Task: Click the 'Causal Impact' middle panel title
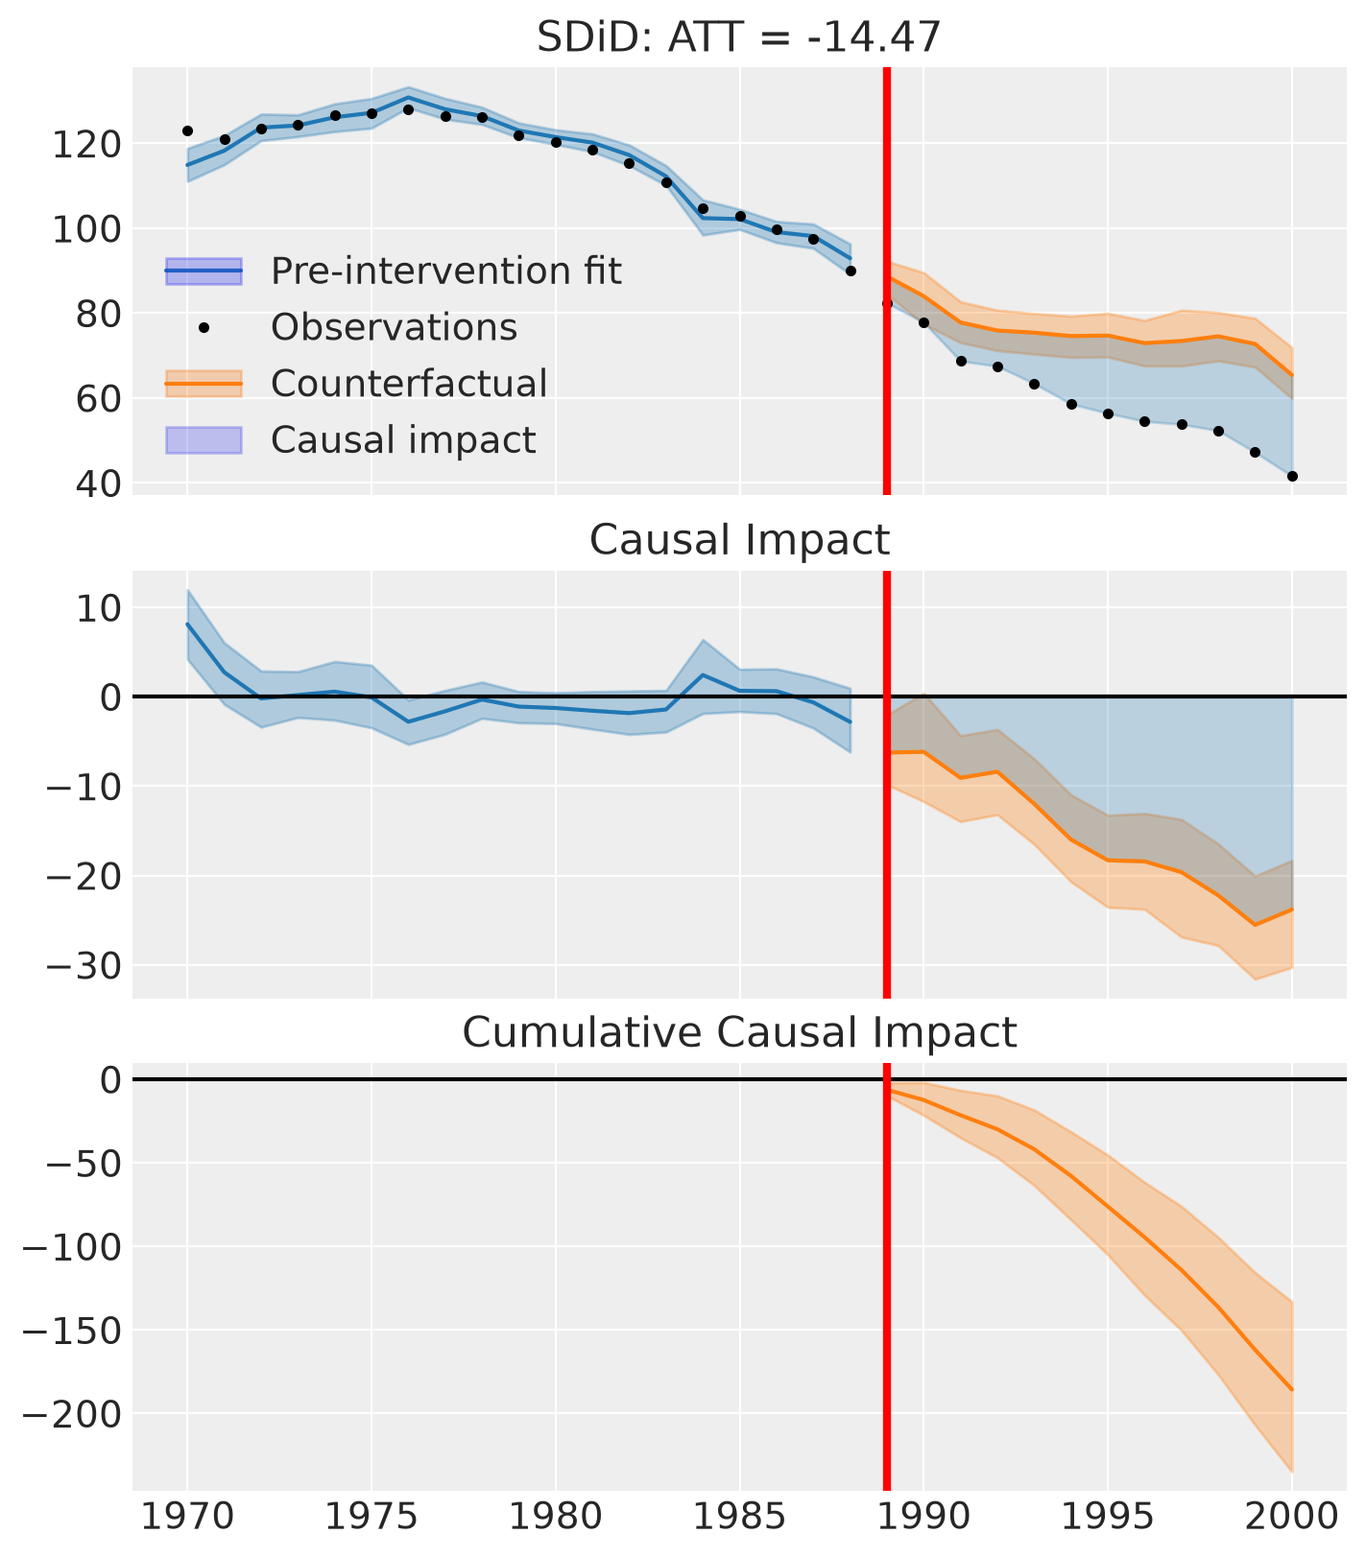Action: [739, 540]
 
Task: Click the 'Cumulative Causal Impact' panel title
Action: [739, 1032]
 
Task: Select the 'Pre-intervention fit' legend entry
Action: [394, 271]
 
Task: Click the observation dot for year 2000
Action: [1292, 476]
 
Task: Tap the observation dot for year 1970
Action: [187, 130]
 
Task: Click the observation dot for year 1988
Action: [850, 271]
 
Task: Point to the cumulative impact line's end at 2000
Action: [1292, 1390]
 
